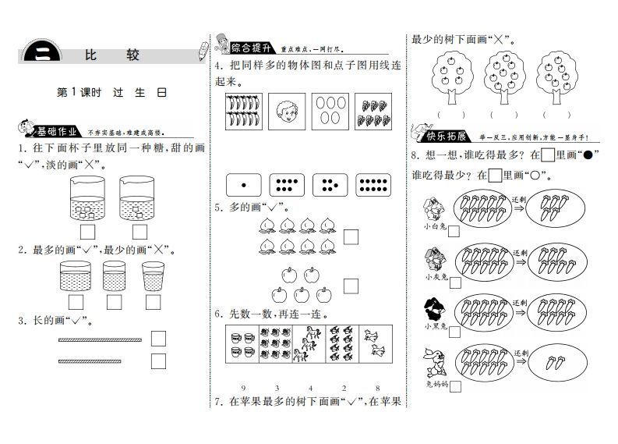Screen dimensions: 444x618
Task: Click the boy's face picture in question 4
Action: [286, 112]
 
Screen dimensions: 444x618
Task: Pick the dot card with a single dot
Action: [243, 185]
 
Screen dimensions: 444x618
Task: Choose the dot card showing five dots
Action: [330, 185]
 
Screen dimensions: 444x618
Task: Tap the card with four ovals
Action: [330, 112]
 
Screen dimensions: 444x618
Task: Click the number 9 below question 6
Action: [244, 388]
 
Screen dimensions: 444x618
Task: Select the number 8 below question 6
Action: [376, 388]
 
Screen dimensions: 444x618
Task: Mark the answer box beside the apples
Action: [351, 286]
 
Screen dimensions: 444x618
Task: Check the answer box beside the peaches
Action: [351, 236]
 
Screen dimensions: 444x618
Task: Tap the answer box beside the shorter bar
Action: [158, 361]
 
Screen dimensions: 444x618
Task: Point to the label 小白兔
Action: [433, 226]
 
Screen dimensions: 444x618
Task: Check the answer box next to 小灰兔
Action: [454, 280]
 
